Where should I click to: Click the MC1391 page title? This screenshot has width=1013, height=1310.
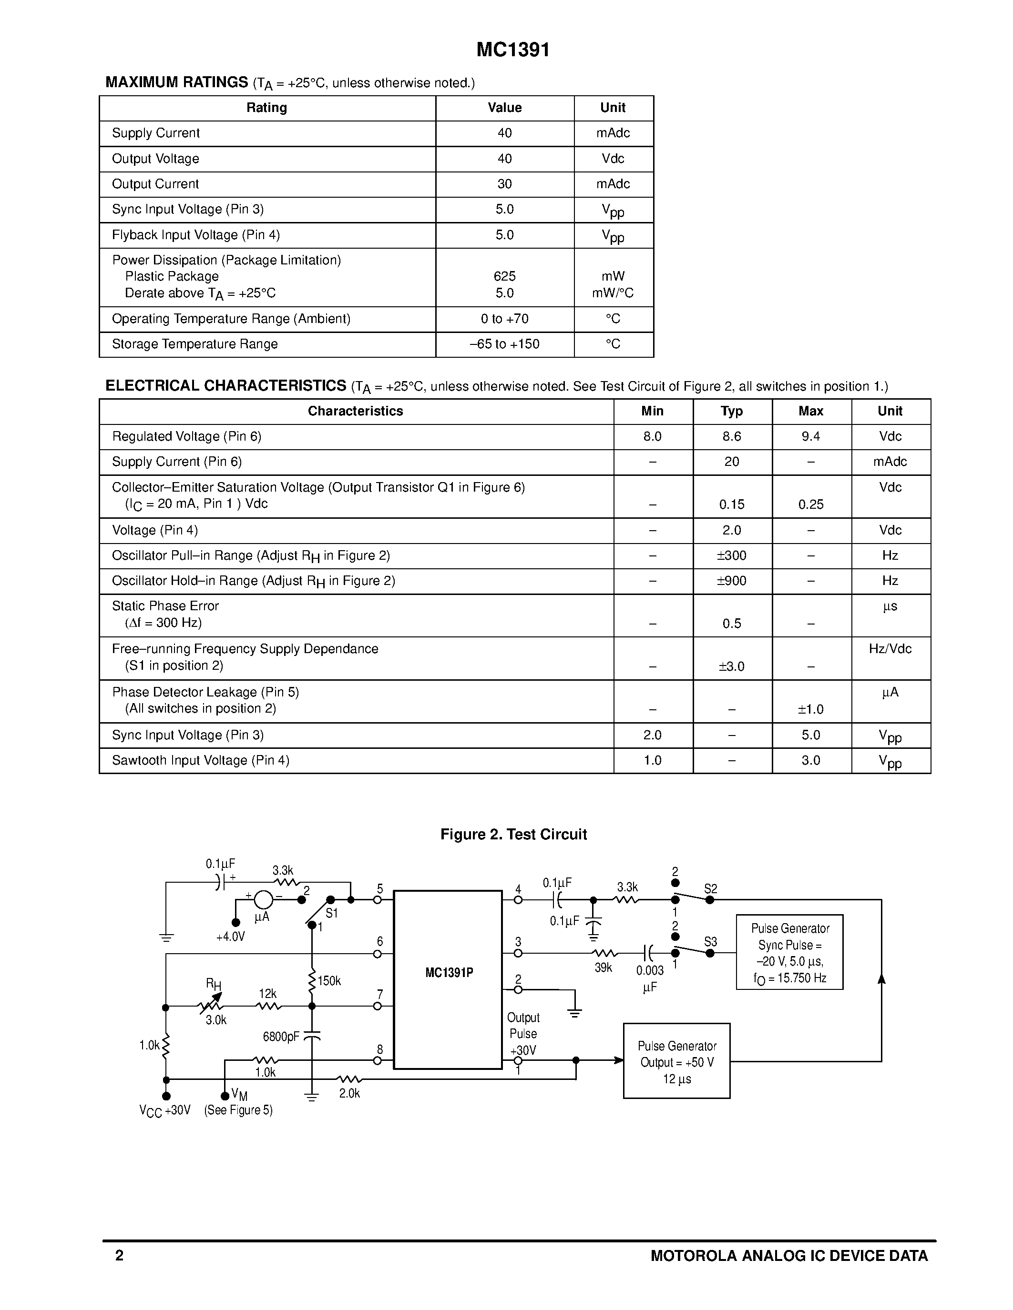tap(513, 50)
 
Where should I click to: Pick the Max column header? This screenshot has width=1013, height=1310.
tap(811, 412)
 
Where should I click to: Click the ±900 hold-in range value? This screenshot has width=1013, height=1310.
tap(732, 581)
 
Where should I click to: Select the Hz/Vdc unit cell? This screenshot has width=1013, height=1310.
tap(890, 649)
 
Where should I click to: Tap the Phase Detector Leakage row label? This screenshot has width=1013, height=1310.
tap(205, 692)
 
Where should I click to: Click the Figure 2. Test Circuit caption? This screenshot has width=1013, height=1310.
tap(513, 834)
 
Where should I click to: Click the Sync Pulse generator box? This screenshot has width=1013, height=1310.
tap(789, 953)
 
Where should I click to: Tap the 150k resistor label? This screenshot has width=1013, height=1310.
tap(329, 981)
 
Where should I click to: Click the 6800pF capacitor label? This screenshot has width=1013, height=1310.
tap(281, 1037)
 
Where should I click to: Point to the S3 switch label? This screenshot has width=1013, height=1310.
tap(711, 942)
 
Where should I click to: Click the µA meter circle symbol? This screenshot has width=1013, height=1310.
tap(263, 900)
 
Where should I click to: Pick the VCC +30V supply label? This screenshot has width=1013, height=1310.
tap(164, 1111)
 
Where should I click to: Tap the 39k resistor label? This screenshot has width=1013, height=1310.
tap(603, 968)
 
